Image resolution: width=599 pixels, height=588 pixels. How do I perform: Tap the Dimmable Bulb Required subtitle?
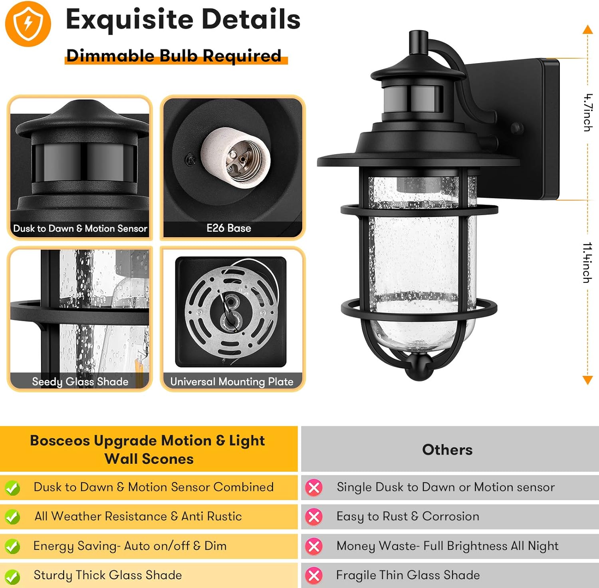pos(174,56)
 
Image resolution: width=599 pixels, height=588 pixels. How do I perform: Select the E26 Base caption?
pos(229,228)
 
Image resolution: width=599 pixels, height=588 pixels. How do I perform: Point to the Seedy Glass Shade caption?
pos(80,381)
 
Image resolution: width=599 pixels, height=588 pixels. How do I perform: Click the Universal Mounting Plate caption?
pos(232,381)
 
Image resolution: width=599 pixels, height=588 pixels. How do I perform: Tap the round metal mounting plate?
pos(231,311)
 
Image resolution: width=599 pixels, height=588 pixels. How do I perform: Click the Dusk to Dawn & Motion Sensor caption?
pos(80,228)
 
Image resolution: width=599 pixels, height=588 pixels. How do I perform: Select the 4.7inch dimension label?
pos(587,113)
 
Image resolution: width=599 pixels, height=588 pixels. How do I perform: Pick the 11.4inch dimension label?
pos(587,262)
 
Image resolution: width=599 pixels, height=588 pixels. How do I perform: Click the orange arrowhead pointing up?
pos(587,29)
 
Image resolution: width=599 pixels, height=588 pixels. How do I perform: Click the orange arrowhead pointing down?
pos(587,380)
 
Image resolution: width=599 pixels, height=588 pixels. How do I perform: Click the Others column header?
pos(447,450)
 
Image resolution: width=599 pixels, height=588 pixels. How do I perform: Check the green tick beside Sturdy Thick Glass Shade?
pos(12,576)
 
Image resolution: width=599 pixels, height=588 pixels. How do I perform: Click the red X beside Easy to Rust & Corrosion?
pos(314,517)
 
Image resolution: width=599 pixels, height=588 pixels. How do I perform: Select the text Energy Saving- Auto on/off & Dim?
pos(130,546)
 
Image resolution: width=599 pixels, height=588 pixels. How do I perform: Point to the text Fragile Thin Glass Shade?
pos(408,575)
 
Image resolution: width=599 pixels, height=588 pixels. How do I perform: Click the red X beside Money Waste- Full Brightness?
pos(314,546)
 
